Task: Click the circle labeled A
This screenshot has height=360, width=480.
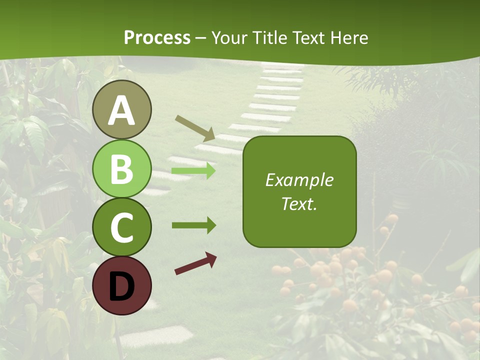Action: (121, 109)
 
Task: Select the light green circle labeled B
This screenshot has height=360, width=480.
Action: (121, 168)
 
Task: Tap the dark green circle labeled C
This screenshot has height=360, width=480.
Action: (121, 227)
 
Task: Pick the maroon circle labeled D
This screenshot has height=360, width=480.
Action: (121, 285)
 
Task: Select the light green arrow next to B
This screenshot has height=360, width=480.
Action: (193, 171)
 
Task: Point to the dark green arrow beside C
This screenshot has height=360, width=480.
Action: (193, 225)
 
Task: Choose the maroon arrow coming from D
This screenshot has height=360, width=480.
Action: (195, 264)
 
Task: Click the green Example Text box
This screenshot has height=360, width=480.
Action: (299, 192)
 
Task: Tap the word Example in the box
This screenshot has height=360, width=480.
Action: (299, 180)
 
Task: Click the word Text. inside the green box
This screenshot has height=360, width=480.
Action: (299, 204)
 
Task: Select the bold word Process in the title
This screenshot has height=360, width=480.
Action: (157, 38)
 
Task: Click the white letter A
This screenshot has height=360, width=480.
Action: (121, 111)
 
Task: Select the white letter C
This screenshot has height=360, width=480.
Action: (121, 228)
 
